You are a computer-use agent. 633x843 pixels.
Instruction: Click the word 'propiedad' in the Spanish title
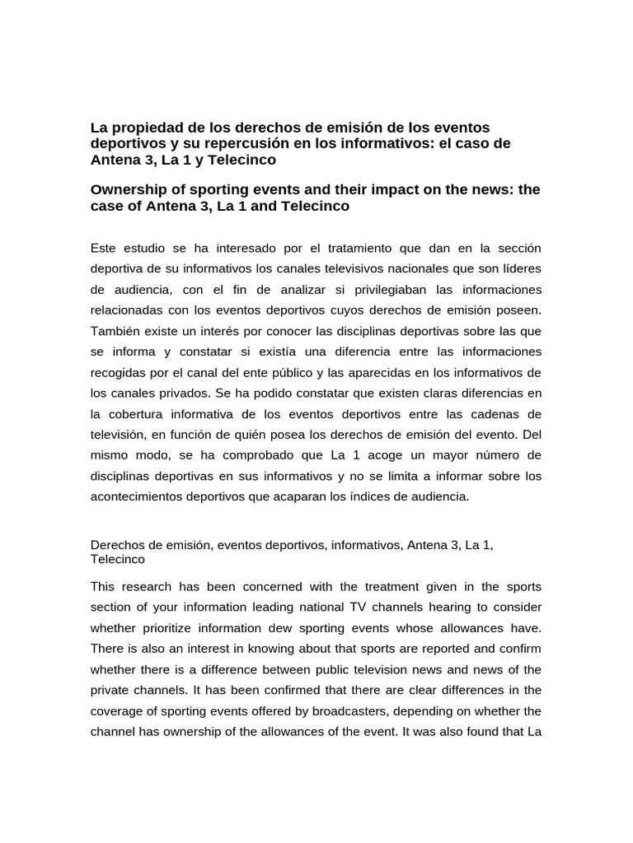[x=138, y=128]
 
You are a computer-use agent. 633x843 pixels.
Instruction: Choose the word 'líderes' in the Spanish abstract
[x=519, y=268]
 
